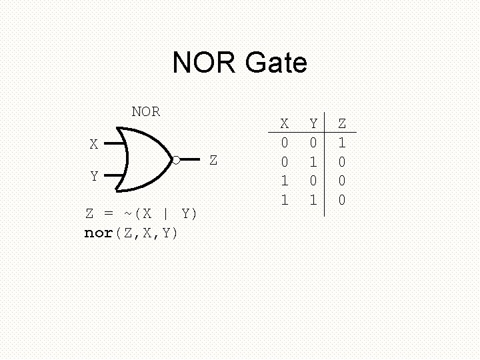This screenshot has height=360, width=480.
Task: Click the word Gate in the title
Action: [276, 63]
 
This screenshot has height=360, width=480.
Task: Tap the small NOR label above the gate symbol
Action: [145, 112]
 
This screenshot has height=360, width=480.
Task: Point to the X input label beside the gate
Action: [94, 144]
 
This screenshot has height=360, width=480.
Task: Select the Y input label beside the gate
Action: [94, 177]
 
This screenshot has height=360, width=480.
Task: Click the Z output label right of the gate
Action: [213, 161]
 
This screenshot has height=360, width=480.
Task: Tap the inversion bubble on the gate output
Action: [176, 160]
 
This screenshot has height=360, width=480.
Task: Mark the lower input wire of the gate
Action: [114, 176]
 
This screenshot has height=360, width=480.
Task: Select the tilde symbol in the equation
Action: [127, 213]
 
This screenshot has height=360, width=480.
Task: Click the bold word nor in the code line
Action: [99, 233]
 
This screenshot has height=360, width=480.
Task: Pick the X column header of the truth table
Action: [285, 123]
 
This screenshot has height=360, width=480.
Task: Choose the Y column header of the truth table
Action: [313, 123]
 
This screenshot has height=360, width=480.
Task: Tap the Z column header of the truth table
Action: [342, 123]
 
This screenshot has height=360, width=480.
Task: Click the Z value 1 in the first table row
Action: [342, 143]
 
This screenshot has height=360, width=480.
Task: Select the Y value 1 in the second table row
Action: [313, 162]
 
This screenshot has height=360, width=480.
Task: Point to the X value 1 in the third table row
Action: [285, 181]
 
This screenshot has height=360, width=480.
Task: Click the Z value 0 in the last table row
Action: [342, 200]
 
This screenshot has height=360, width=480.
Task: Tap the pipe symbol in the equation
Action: [165, 214]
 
